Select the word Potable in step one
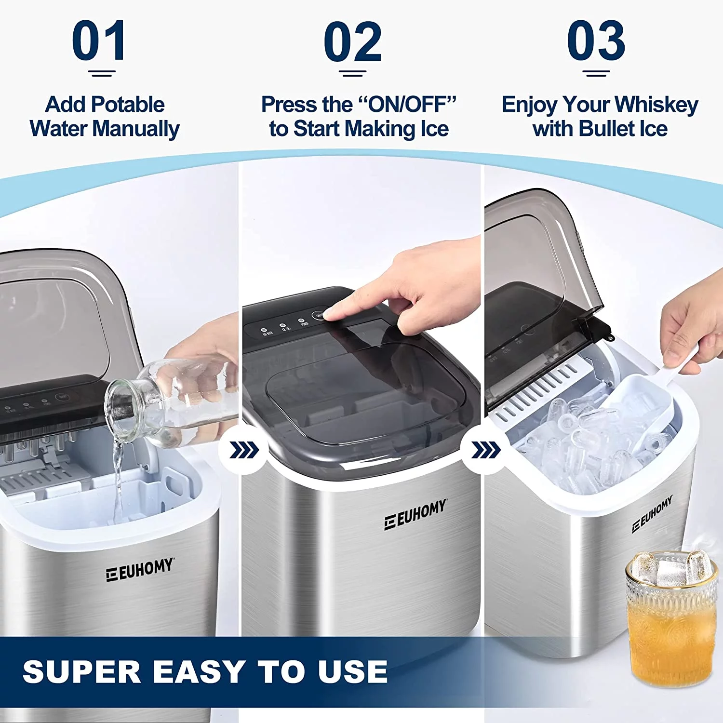click(x=128, y=105)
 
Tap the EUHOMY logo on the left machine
click(x=140, y=570)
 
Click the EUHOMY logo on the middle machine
click(x=415, y=515)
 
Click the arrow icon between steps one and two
click(x=244, y=451)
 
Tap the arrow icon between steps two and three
click(x=485, y=451)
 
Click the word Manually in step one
click(x=136, y=129)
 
